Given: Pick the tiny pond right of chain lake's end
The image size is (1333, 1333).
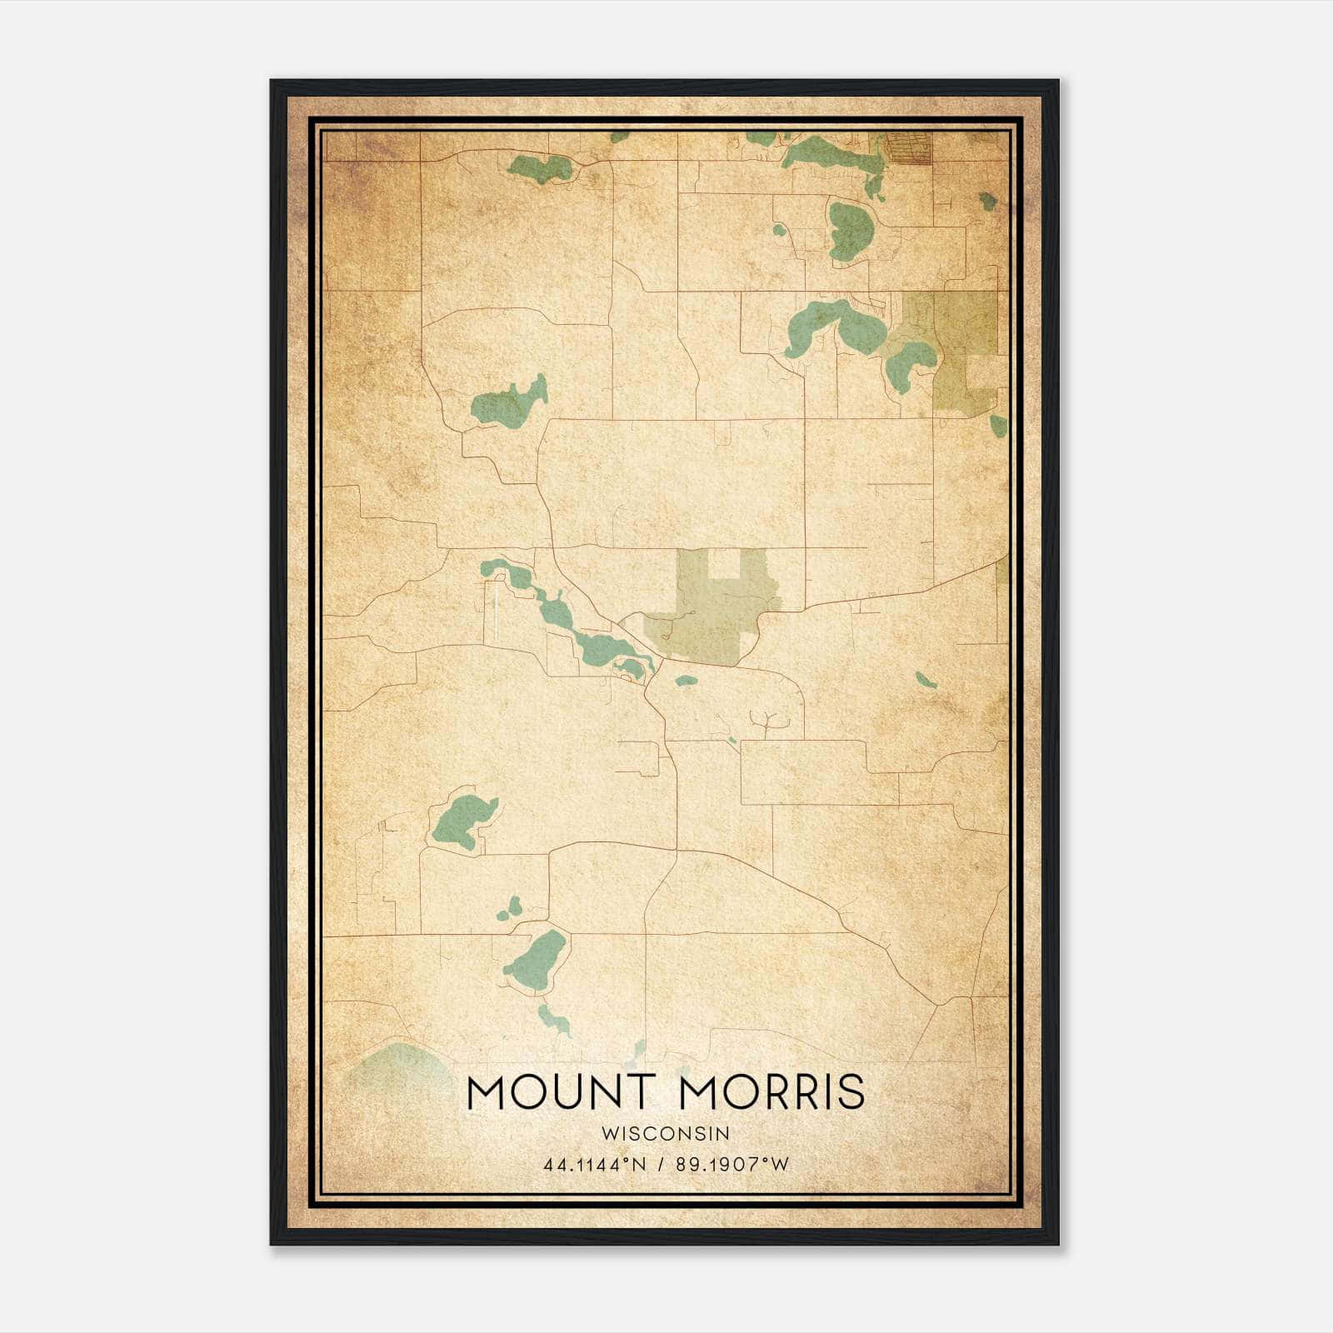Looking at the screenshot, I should click(x=686, y=681).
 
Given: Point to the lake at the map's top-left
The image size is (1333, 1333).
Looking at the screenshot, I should click(x=540, y=167).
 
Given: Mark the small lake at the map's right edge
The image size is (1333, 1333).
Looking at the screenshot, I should click(x=998, y=426).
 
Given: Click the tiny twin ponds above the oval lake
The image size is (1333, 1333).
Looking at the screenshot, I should click(x=510, y=908).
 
